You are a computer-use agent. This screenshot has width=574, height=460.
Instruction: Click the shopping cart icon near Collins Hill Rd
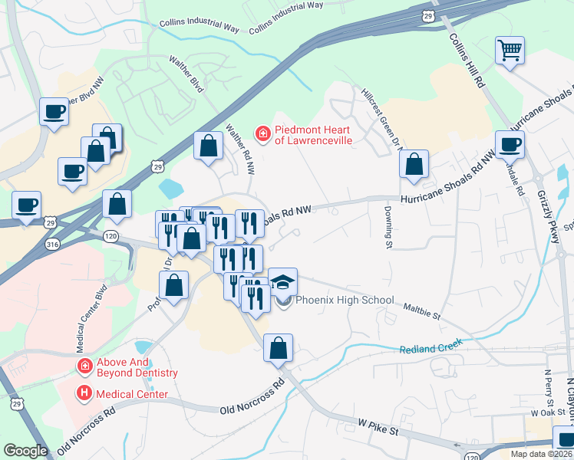point(510,51)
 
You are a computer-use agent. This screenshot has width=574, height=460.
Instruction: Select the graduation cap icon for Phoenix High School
point(282,281)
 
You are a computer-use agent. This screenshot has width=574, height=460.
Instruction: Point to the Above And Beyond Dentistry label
point(137,367)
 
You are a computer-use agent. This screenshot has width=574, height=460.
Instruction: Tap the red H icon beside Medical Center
point(83,394)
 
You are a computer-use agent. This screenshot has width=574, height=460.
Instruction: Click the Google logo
point(25,451)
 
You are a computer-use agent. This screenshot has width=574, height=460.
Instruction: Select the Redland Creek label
point(431,349)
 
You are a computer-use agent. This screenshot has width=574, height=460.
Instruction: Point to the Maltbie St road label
point(422,310)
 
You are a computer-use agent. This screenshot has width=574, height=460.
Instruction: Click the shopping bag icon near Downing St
point(414,164)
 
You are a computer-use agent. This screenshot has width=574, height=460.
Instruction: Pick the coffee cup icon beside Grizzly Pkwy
point(510,144)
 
